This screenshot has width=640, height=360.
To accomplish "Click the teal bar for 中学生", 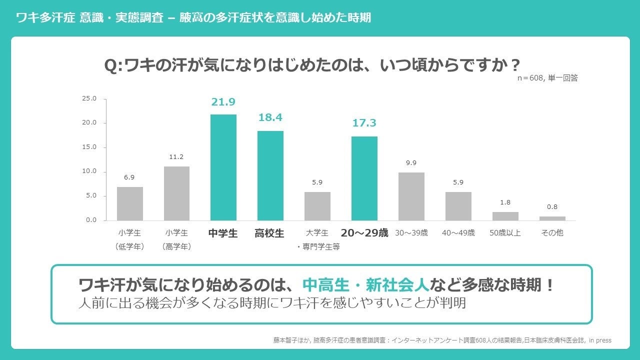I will point(223,167).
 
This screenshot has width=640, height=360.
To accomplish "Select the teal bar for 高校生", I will point(270,175).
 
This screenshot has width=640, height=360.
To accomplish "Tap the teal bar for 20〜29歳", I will point(364,178).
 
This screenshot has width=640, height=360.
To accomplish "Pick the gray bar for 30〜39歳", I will point(411,196).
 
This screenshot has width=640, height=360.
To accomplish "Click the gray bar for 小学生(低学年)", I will point(129,203).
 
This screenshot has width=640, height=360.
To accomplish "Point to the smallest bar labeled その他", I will point(552,218).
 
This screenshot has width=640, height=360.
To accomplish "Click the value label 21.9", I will point(223,102).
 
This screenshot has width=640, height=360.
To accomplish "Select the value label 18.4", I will point(270,118).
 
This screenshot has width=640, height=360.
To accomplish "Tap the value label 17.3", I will point(364,123).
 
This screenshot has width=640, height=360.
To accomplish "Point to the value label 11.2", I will point(176,157).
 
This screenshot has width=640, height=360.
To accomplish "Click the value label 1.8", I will point(505,202).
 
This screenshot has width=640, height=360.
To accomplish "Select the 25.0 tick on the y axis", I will point(89,98).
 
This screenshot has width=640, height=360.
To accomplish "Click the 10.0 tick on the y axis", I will point(89,171).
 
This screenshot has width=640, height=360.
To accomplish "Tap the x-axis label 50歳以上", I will point(505,233).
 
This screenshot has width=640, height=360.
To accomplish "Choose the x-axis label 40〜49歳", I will point(458,233).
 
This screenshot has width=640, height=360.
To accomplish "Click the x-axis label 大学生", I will point(317,233).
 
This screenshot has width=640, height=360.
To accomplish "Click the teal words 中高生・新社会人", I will point(366,285).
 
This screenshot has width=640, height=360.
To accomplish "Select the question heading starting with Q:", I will point(312,65).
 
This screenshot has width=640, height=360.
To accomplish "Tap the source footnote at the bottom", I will point(442,340).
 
